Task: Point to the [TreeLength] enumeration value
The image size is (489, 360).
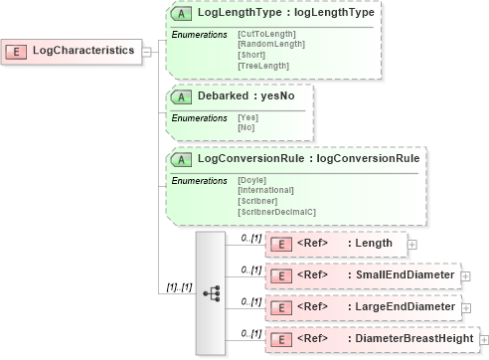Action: coord(263,65)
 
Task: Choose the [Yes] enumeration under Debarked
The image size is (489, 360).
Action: coord(247,117)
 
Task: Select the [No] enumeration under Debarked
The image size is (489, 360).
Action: coord(246,127)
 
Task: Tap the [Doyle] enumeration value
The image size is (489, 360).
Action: coord(252,179)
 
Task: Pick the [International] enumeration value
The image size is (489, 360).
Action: coord(265,189)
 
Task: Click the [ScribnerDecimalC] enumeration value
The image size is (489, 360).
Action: coord(276,210)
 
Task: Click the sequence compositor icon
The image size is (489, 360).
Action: coord(211,293)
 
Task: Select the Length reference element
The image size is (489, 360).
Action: coord(335,243)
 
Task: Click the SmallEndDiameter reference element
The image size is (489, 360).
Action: coord(362,274)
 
